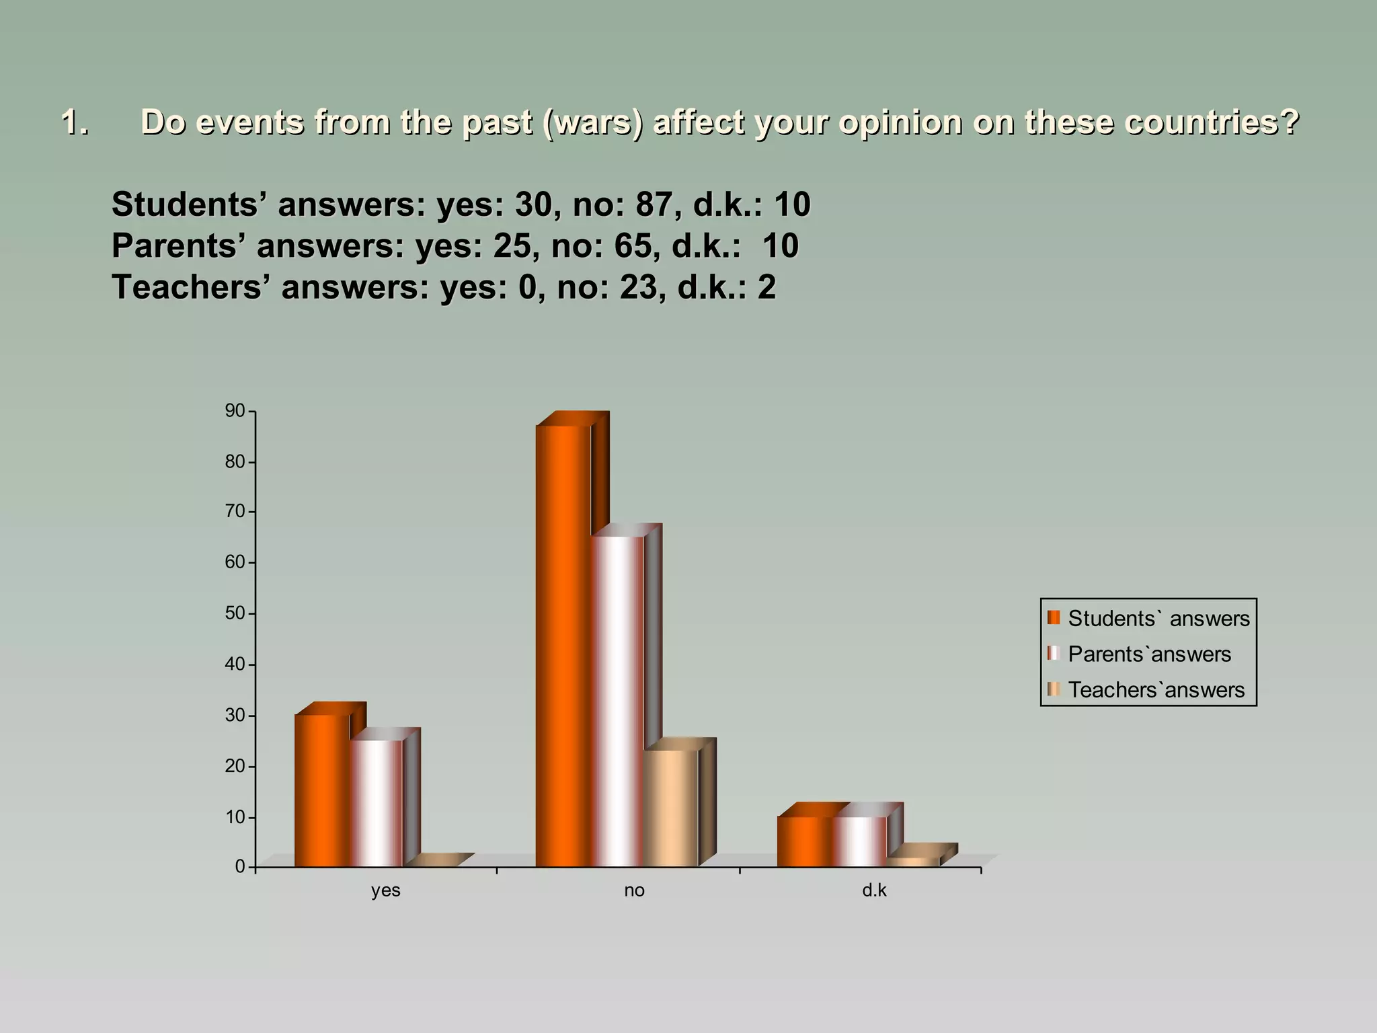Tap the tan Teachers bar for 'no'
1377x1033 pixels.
click(x=671, y=807)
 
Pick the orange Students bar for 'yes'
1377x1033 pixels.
click(x=322, y=790)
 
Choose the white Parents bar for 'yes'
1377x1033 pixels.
click(x=376, y=803)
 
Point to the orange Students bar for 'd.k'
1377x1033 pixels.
click(x=805, y=841)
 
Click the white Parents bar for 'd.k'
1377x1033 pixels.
click(x=859, y=841)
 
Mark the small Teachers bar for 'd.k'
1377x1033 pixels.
click(x=913, y=862)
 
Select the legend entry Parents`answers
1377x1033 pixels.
click(x=1149, y=654)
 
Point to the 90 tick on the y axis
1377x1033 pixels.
click(x=235, y=411)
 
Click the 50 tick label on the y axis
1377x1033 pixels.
click(x=235, y=613)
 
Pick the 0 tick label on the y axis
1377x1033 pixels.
click(x=240, y=866)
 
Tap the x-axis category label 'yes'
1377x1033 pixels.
click(x=385, y=890)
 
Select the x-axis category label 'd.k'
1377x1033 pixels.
click(x=874, y=890)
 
